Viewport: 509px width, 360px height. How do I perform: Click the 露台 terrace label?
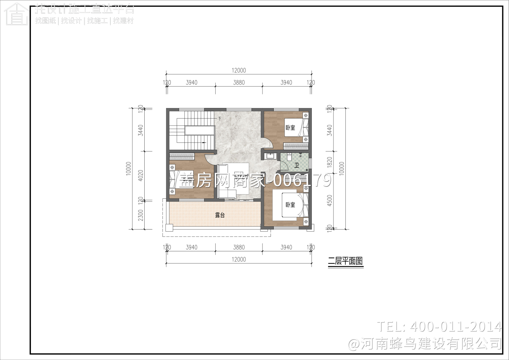[220, 215]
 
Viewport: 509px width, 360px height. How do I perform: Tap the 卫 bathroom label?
[297, 165]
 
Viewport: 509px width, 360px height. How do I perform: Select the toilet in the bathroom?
[289, 157]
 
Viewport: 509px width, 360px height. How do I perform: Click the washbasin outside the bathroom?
[271, 156]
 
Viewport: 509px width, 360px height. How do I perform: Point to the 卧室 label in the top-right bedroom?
[290, 128]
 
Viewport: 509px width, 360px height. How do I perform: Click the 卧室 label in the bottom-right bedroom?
[290, 205]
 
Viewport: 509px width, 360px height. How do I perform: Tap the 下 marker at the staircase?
[219, 119]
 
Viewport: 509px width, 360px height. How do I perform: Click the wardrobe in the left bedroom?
[182, 157]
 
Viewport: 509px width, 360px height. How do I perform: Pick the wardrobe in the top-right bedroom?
[296, 146]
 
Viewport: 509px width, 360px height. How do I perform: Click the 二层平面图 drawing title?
[345, 261]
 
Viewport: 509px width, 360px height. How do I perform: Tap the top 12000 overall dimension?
[239, 70]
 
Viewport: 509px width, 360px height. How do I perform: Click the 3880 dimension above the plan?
[239, 83]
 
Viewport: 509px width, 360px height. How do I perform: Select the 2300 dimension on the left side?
[141, 215]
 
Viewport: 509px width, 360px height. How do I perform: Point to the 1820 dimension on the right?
[329, 162]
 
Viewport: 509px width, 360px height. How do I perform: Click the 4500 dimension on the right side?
[329, 200]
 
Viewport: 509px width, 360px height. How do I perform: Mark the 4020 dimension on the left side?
[141, 175]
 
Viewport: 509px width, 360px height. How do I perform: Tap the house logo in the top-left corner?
[16, 14]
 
